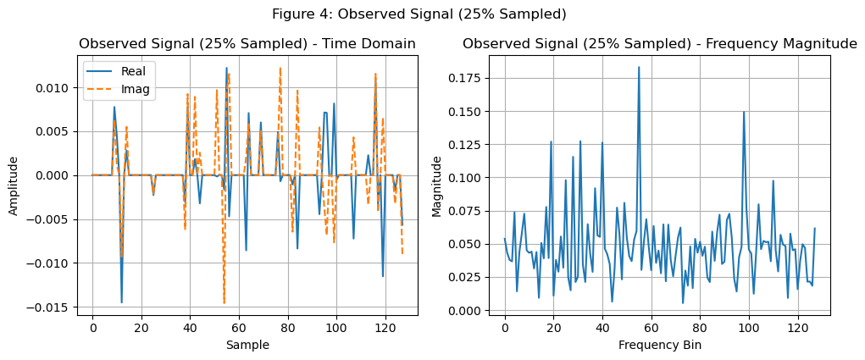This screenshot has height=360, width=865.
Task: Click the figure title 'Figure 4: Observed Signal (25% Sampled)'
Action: tap(419, 14)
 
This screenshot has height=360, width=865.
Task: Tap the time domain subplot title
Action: tap(247, 44)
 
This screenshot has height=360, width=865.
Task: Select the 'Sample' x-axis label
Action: tap(247, 345)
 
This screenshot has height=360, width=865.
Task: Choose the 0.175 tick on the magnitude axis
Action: tap(469, 78)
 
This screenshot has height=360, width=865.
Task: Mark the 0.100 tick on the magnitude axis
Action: tap(469, 178)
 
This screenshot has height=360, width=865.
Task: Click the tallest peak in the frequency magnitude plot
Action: tap(639, 67)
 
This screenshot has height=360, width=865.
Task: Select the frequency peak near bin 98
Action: tap(744, 112)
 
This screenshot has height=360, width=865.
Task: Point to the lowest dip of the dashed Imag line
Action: tap(225, 302)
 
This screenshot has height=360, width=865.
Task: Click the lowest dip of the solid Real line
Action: tap(122, 302)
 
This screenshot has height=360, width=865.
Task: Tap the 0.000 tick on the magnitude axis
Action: tap(469, 311)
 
